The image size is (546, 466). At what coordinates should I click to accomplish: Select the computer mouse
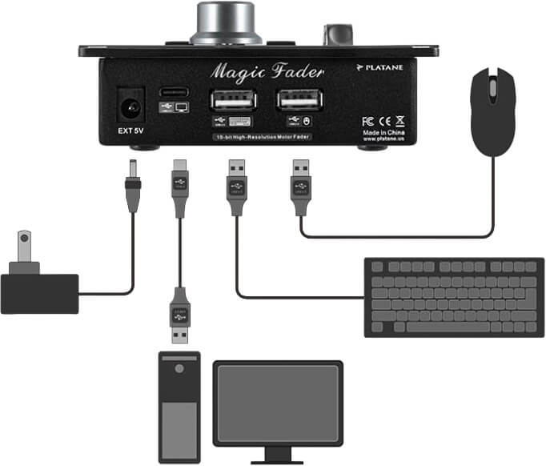(x=492, y=110)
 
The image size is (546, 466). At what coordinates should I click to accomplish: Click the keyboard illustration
(x=454, y=296)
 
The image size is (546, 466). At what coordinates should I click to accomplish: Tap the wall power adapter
(x=38, y=284)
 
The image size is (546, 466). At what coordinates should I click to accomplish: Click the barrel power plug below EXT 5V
(x=132, y=185)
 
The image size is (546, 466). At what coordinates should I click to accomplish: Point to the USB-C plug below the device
(x=179, y=187)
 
